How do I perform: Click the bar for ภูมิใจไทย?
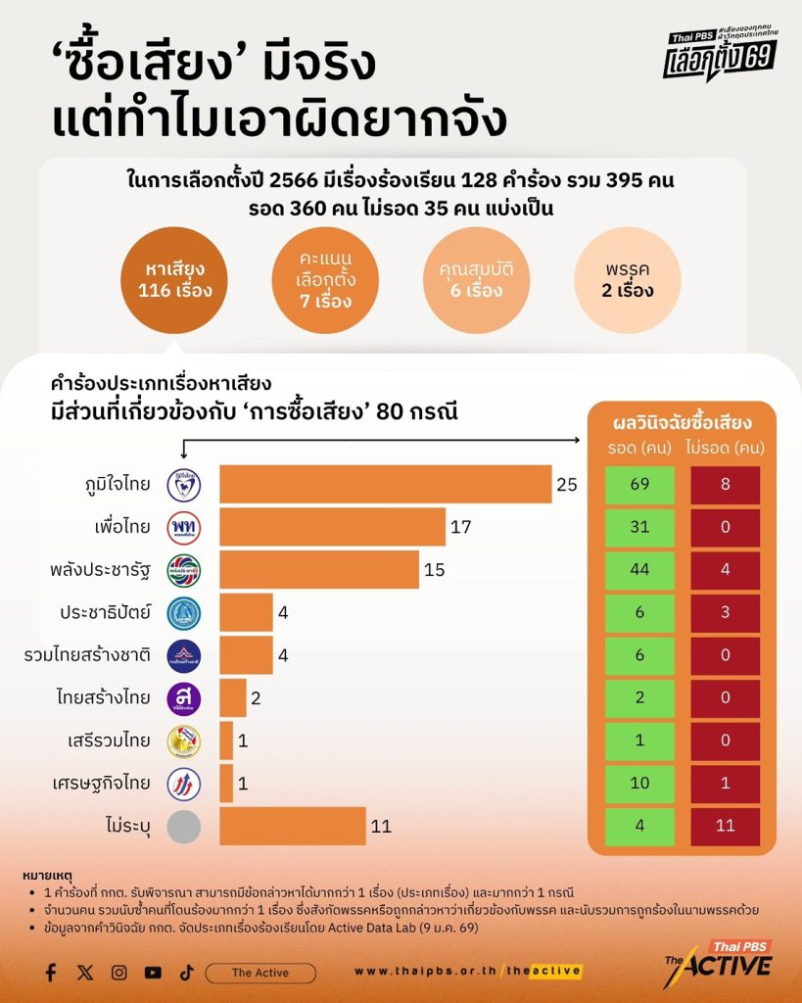[x=385, y=484]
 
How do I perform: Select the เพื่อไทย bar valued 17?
[x=332, y=527]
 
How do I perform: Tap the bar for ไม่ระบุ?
[x=292, y=826]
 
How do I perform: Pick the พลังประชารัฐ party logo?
[x=184, y=570]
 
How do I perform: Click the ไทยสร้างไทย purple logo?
[x=184, y=698]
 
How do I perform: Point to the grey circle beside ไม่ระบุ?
[x=184, y=826]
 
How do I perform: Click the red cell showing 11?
[x=726, y=826]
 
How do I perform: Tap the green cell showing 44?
[x=639, y=570]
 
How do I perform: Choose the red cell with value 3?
[x=726, y=613]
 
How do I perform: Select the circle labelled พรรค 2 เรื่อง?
[x=627, y=279]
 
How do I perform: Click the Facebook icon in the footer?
[x=50, y=973]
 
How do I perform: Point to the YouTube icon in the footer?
[x=153, y=973]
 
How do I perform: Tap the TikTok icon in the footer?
[x=186, y=973]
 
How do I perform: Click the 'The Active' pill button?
[x=259, y=973]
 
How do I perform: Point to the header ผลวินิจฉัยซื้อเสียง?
[x=682, y=423]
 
